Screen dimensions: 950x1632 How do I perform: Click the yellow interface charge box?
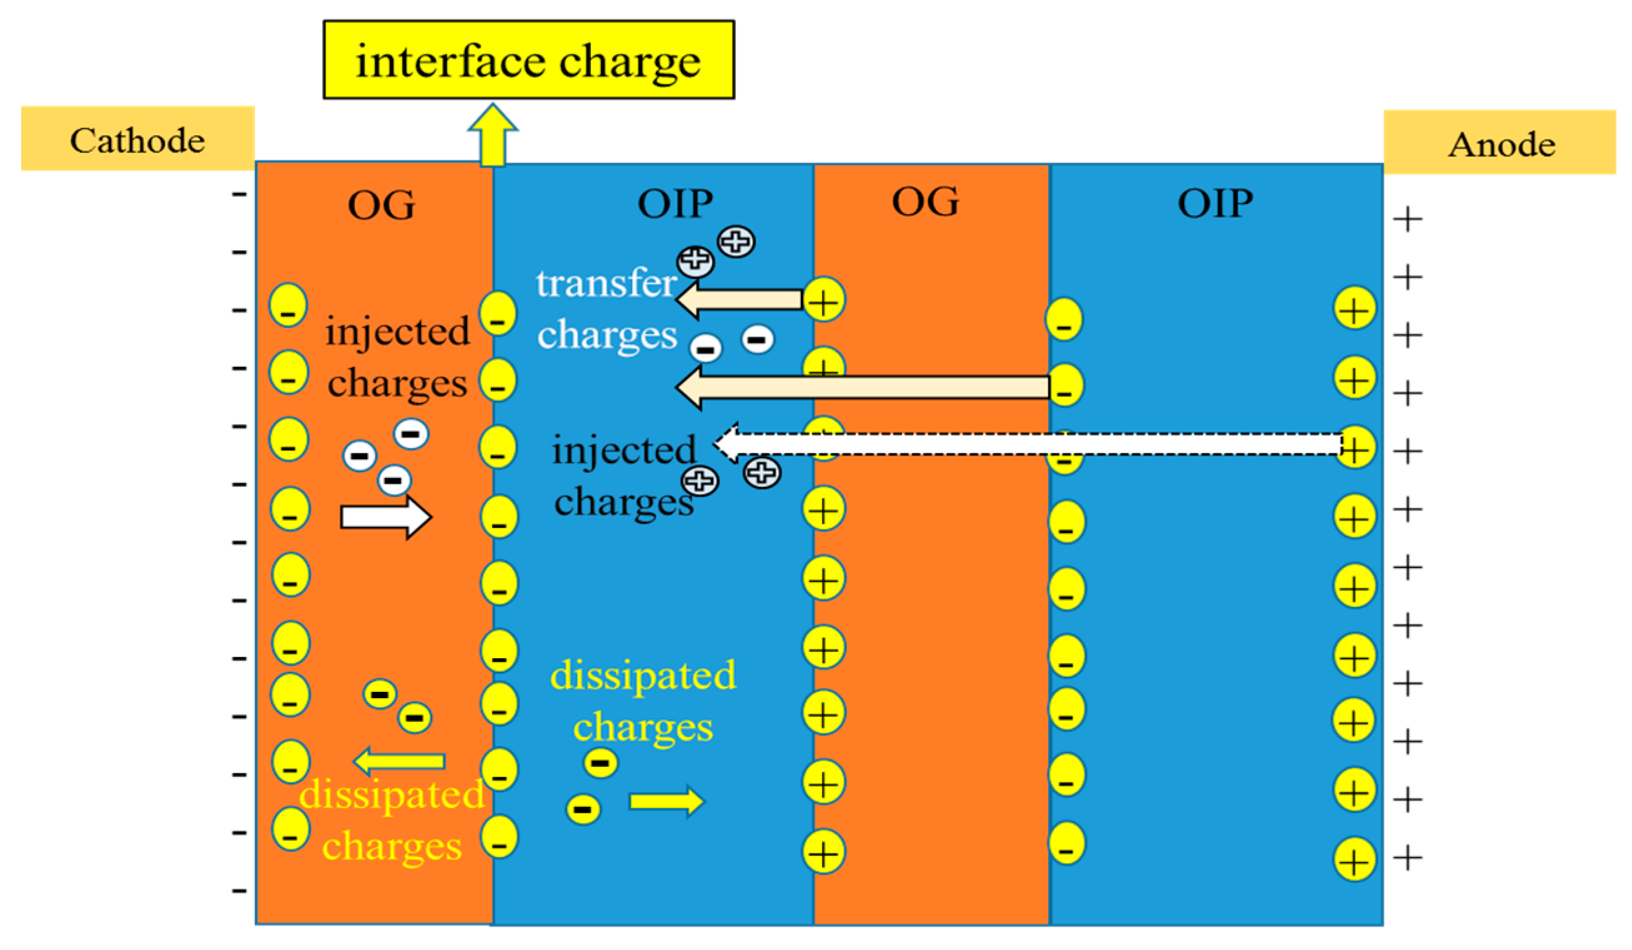point(528,59)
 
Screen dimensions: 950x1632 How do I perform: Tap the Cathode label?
point(137,139)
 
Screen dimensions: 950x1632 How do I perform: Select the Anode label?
point(1501,143)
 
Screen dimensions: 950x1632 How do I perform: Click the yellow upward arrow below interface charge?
point(493,136)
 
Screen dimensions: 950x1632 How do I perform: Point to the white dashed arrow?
point(1030,444)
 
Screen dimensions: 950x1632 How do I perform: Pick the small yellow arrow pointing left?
point(400,761)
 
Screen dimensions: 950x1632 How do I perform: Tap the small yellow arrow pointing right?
point(666,802)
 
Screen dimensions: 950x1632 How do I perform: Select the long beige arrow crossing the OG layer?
point(861,387)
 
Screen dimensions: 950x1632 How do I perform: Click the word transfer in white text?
point(606,283)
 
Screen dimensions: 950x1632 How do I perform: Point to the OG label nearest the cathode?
point(381,206)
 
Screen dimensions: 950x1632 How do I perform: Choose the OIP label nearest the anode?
point(1215,204)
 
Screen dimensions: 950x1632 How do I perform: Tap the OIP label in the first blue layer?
point(675,204)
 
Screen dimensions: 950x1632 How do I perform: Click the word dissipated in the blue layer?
point(643,675)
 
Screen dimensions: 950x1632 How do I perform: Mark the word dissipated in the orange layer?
point(392,794)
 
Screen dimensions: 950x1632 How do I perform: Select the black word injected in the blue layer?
point(624,450)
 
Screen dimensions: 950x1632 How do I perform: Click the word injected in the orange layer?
point(397,332)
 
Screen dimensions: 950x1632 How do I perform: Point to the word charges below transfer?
point(607,335)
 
